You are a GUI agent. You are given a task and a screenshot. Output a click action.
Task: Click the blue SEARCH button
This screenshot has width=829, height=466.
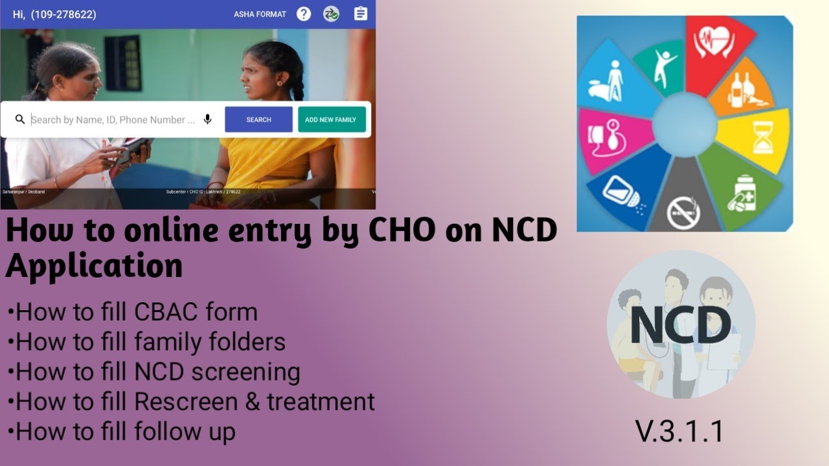[x=258, y=120]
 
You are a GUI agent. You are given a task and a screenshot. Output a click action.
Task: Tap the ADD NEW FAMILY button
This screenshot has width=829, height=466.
[x=332, y=120]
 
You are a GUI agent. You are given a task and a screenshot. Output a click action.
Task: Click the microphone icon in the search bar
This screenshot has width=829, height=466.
[x=208, y=120]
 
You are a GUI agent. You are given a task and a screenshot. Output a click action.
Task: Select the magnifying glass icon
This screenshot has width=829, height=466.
[x=20, y=120]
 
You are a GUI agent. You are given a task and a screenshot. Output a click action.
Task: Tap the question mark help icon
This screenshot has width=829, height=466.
[x=304, y=14]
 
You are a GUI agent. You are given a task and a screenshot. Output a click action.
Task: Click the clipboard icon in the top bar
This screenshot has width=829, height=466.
[x=361, y=14]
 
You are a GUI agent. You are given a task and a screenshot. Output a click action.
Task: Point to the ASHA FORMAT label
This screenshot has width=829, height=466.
[x=260, y=14]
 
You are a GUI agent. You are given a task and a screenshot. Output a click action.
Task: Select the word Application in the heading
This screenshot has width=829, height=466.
[x=94, y=265]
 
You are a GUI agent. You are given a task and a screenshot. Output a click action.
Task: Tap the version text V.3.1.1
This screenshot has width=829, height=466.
[x=679, y=432]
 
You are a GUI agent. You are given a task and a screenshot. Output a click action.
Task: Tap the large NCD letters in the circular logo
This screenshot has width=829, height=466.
[x=680, y=325]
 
